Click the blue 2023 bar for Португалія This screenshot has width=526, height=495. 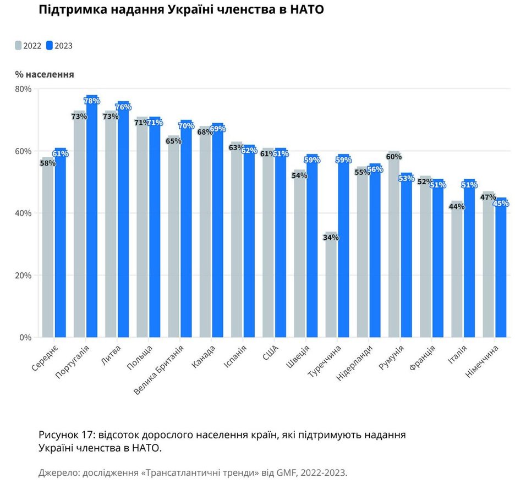click(92, 220)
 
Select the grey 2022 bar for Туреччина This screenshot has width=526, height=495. click(331, 286)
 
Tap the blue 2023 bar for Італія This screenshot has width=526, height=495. click(469, 258)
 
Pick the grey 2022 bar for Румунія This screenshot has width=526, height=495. click(393, 248)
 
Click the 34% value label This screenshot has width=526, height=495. click(331, 238)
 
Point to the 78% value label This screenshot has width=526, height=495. click(92, 101)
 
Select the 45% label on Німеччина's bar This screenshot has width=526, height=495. click(501, 204)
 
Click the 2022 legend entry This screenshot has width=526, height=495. click(28, 46)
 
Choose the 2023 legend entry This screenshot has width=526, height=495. click(59, 46)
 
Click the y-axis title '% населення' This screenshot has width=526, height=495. click(45, 74)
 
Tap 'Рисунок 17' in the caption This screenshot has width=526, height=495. click(67, 435)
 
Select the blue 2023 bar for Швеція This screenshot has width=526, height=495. click(312, 248)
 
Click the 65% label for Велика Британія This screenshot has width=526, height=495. click(173, 141)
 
